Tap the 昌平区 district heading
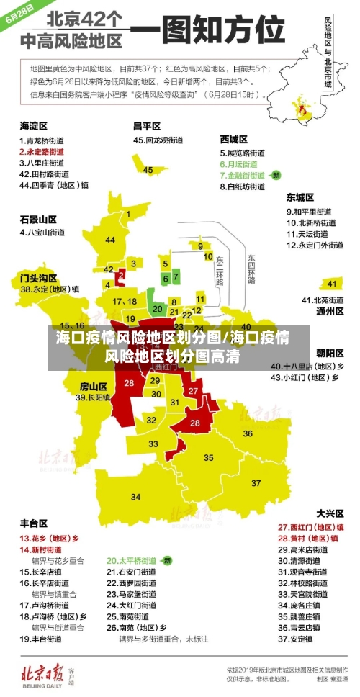coord(146,126)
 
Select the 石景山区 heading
coord(38,219)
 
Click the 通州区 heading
coord(330,312)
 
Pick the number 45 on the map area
coord(148,170)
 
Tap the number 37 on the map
coord(256,483)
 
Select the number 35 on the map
coord(209,458)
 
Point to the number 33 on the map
coord(153,444)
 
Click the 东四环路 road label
coord(251,268)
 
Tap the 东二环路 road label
coord(220,269)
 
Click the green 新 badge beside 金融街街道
coord(276,175)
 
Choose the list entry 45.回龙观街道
coord(161,140)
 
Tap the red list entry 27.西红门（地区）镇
coord(309,527)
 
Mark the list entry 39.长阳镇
coord(94,397)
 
